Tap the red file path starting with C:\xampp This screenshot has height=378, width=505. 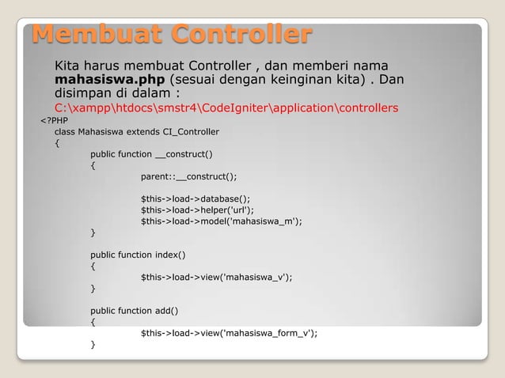[226, 108]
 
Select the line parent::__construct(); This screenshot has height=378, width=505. [188, 176]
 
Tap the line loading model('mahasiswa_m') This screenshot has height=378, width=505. [221, 221]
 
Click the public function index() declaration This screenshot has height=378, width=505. [138, 255]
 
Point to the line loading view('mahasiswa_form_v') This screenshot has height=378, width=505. [229, 333]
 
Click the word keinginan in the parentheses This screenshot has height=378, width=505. [297, 80]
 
